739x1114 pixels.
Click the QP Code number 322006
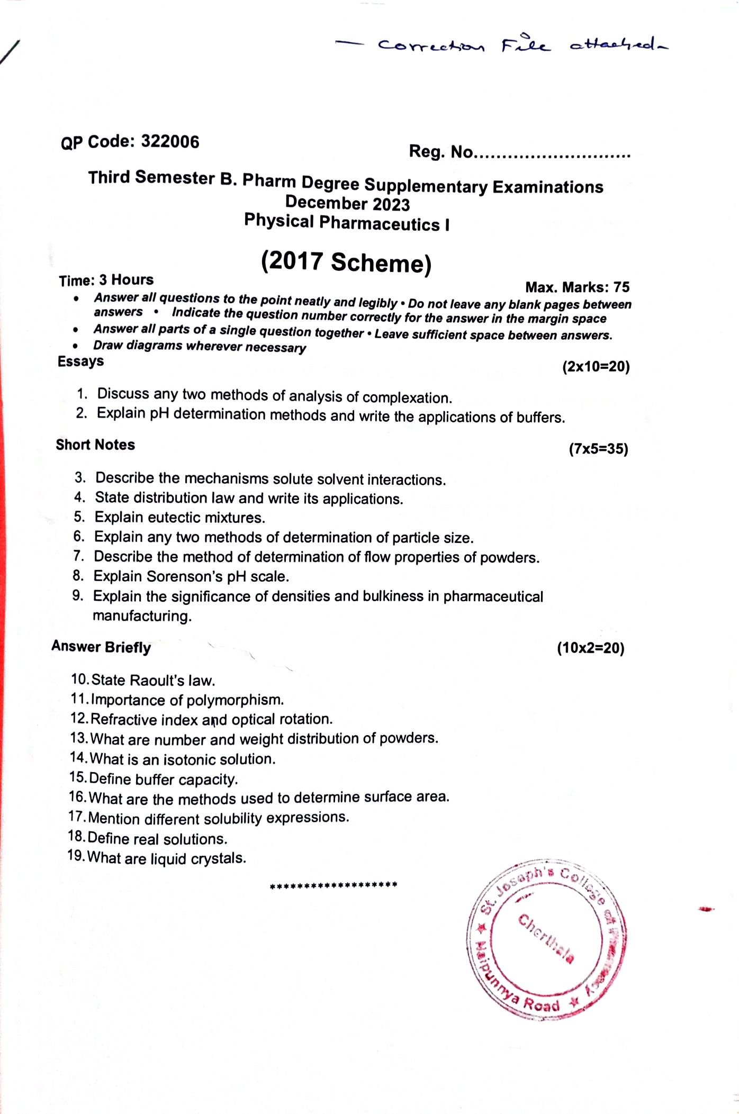(170, 142)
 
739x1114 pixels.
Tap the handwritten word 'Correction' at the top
(431, 46)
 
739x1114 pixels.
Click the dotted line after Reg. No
(552, 156)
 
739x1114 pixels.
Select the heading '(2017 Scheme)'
(346, 262)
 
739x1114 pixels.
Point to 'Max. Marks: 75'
(577, 287)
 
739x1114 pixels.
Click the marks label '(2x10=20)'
(596, 367)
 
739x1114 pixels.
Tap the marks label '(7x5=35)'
(598, 449)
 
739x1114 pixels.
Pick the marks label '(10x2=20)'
(590, 648)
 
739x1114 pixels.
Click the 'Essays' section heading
(80, 361)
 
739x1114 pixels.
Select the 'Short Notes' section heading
(95, 445)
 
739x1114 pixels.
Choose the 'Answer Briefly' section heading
(101, 647)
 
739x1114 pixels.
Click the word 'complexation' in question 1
(407, 398)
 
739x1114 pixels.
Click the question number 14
(78, 758)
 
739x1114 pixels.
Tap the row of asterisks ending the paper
(334, 885)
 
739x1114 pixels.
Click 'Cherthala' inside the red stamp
(545, 938)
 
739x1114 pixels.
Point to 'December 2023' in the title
(347, 203)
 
